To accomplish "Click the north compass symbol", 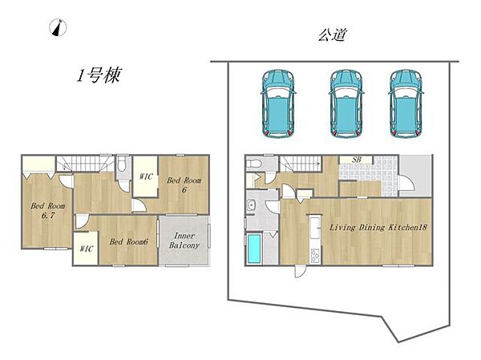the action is point(58,27).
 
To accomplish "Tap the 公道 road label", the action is point(332,34).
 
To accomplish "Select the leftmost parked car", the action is point(278,103).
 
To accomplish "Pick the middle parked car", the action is point(346,103).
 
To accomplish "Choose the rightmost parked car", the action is point(406,103).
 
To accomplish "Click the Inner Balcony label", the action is point(184,241).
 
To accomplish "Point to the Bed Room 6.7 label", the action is point(48,211).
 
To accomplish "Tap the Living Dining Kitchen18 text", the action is point(378,228).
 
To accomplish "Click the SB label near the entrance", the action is point(357,160).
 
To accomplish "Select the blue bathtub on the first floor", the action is point(254,249).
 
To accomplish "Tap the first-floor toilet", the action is point(253,164).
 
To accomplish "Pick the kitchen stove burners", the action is point(315,256).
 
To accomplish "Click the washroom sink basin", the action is point(251,204).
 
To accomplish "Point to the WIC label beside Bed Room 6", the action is point(146,176).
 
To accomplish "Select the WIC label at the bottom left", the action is point(87,249).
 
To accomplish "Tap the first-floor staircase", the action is point(301,164).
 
